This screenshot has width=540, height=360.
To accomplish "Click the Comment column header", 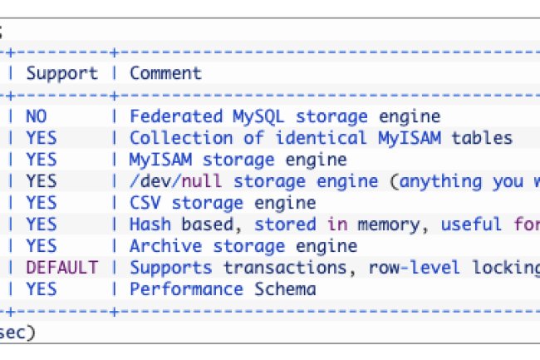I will [x=165, y=73].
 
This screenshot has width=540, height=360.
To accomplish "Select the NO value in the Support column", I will [x=36, y=116].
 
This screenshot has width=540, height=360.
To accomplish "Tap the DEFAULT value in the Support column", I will [x=61, y=268].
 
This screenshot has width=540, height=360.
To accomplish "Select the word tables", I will [x=482, y=138].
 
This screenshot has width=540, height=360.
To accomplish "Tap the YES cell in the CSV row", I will [x=41, y=203].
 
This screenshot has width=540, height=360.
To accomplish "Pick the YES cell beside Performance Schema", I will [x=41, y=289].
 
